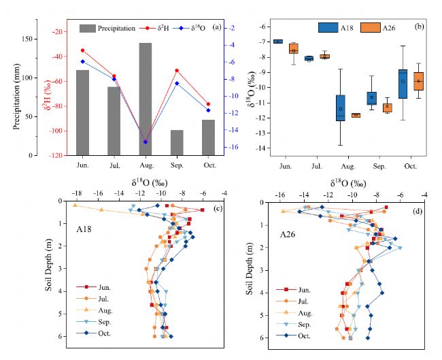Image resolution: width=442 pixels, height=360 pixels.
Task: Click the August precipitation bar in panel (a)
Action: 145,99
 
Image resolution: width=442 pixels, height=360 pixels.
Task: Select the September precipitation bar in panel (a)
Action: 176,142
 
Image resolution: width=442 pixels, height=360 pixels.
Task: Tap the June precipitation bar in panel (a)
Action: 82,112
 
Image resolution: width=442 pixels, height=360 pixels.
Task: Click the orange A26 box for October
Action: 418,81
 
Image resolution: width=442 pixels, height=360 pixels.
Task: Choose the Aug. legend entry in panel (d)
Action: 299,313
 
